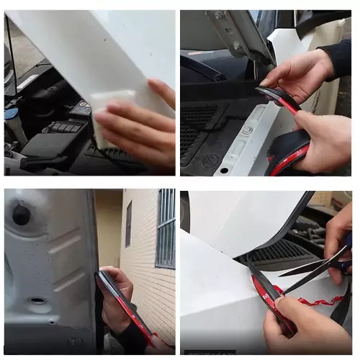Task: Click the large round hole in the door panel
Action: (x=21, y=215)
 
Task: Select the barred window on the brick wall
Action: (x=166, y=227)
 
